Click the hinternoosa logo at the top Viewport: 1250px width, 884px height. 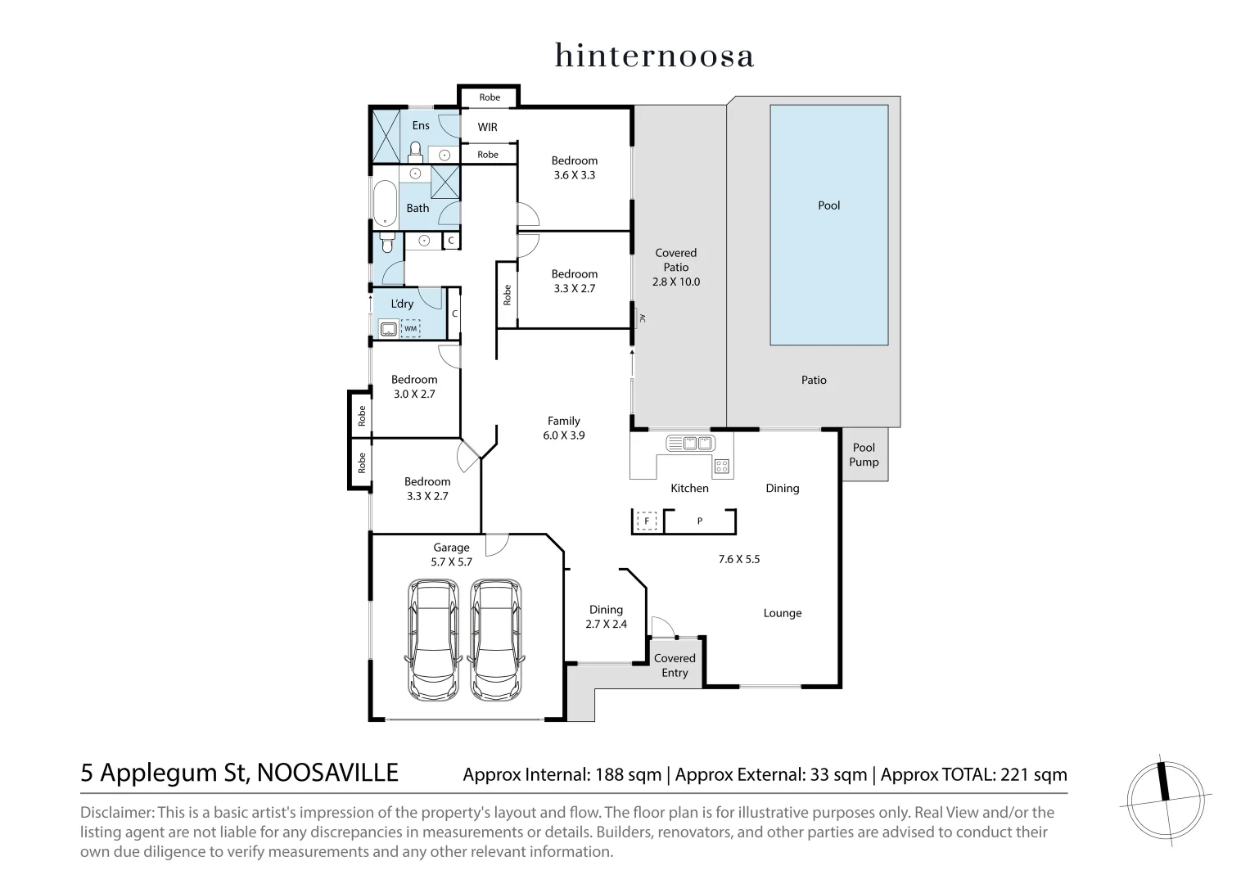(654, 56)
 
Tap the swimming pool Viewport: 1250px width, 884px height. (828, 224)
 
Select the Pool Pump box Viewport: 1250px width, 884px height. (864, 454)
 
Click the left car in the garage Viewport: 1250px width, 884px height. (433, 640)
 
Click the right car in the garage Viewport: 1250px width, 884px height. (496, 640)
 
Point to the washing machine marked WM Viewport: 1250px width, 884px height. (410, 328)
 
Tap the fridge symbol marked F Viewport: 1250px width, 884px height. (647, 521)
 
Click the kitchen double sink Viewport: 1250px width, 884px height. (691, 443)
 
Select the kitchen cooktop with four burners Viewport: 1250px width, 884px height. (721, 467)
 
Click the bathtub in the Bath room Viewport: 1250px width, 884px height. (385, 203)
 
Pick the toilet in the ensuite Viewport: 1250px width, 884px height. (415, 151)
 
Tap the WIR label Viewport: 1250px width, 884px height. (487, 127)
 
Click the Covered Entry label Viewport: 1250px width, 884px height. (675, 665)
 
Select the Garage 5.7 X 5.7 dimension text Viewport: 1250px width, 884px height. (451, 562)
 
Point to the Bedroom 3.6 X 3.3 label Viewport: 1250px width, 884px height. (574, 168)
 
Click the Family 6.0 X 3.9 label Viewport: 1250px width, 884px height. (563, 428)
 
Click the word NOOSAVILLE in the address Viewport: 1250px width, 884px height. (327, 773)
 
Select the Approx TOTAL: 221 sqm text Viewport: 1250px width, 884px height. (973, 774)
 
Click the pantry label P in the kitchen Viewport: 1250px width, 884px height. (699, 521)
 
